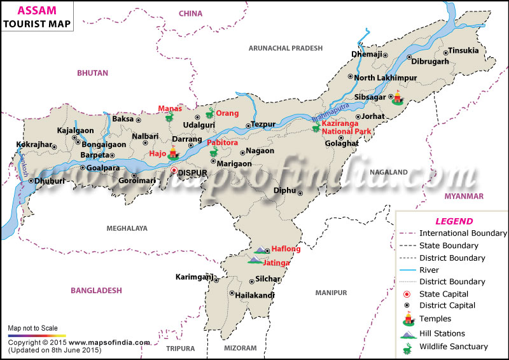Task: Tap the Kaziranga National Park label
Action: point(346,127)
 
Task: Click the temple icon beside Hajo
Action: point(173,153)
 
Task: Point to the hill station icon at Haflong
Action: point(261,249)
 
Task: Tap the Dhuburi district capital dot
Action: point(31,181)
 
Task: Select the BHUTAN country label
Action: point(92,73)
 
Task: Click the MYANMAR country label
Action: point(464,196)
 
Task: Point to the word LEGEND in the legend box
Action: point(454,221)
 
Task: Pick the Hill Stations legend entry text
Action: point(442,333)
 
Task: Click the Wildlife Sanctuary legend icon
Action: point(407,347)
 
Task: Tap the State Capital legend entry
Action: point(444,294)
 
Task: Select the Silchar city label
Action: point(267,279)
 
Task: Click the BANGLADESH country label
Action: point(96,290)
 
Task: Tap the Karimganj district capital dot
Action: point(216,279)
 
